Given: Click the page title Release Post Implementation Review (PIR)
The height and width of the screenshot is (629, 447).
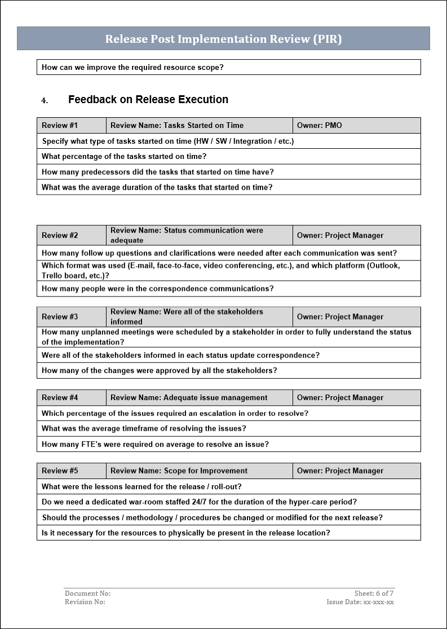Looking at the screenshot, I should click(223, 39).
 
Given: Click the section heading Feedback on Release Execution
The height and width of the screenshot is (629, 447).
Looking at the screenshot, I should click(148, 100).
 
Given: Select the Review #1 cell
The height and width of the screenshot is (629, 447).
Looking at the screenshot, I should click(60, 125).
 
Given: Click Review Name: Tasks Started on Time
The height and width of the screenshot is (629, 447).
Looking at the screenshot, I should click(177, 125).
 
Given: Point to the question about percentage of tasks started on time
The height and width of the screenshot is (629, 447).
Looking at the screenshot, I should click(124, 156).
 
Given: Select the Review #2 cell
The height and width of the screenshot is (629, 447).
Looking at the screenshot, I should click(60, 235).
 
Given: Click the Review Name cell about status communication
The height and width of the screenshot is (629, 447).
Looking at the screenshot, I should click(187, 235).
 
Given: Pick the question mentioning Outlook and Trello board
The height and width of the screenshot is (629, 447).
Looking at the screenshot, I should click(220, 271).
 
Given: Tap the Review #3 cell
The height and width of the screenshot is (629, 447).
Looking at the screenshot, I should click(60, 317).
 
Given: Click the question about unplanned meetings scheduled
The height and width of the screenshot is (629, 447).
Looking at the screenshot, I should click(226, 337).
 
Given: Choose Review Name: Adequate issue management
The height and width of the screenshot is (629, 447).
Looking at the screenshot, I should click(189, 397).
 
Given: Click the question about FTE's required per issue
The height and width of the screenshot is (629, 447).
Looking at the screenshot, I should click(155, 444).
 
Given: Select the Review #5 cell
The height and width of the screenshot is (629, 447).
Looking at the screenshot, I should click(60, 471).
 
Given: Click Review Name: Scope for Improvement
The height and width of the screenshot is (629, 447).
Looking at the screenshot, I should click(179, 471).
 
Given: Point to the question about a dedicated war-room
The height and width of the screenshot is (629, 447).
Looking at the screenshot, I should click(199, 502).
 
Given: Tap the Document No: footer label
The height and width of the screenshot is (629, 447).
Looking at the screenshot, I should click(87, 593).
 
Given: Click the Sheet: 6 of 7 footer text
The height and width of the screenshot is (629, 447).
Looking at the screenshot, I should click(374, 593).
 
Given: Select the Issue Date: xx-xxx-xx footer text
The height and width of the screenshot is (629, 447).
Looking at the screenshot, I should click(360, 602).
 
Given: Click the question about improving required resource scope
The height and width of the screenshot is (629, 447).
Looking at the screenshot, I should click(132, 67).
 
